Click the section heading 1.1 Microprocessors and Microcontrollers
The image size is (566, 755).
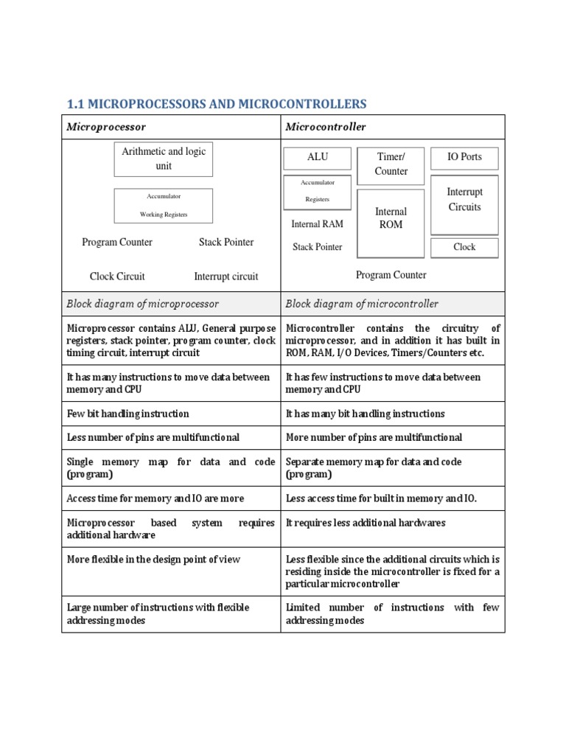(x=216, y=103)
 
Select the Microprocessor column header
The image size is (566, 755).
(x=106, y=127)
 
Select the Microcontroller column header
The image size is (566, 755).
(x=326, y=127)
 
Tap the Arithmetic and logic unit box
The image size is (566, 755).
(x=163, y=159)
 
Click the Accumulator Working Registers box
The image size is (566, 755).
(x=163, y=206)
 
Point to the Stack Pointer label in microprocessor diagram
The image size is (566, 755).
(x=226, y=242)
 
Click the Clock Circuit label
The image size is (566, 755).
(x=117, y=276)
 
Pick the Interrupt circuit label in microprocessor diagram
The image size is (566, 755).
(x=226, y=276)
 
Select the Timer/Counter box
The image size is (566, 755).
(x=391, y=164)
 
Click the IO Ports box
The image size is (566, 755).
(x=464, y=158)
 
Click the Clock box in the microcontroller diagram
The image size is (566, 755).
(x=464, y=248)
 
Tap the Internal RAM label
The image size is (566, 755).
(x=317, y=224)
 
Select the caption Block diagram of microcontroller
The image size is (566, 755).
(x=362, y=304)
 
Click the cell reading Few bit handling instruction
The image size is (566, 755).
(x=128, y=414)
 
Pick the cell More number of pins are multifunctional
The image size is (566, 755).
(x=374, y=437)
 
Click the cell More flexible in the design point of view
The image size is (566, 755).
(x=153, y=560)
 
